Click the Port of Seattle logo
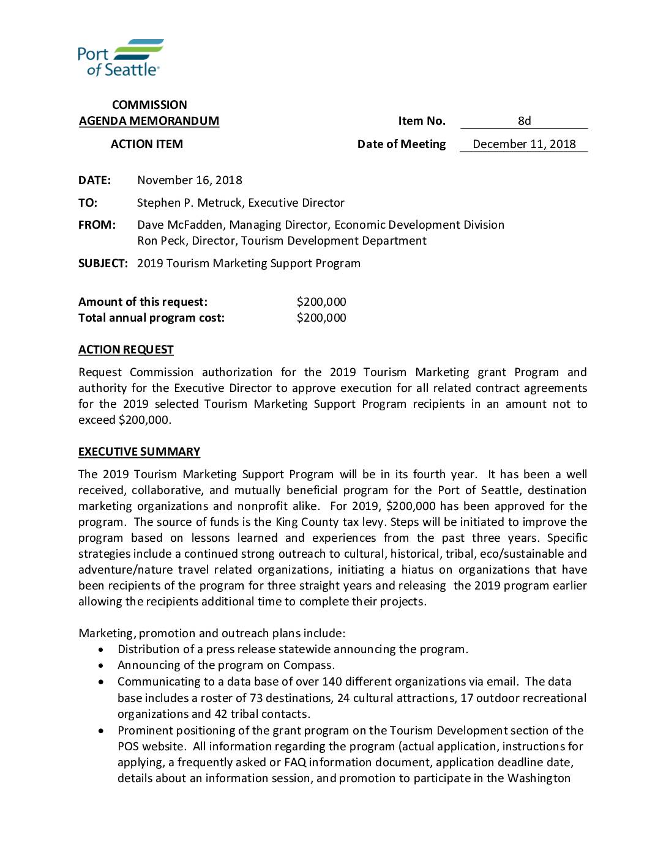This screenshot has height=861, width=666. tap(120, 57)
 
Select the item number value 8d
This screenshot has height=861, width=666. tap(524, 121)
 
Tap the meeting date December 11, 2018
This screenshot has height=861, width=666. tap(524, 144)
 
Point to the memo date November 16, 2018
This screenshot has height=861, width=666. tap(190, 180)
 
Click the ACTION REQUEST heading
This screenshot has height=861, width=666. tap(126, 350)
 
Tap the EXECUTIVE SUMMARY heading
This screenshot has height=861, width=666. tap(139, 452)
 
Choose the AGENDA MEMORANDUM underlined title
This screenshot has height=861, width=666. tap(149, 121)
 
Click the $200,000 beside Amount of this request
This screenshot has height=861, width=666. tap(321, 302)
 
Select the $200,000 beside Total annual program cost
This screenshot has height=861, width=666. tap(321, 318)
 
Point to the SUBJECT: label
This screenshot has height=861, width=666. tap(103, 264)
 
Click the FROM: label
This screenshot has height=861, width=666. tap(97, 225)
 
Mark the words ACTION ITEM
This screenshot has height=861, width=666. tap(147, 144)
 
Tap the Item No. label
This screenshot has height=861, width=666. tap(422, 121)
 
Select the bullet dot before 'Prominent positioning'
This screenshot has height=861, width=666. tap(101, 731)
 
